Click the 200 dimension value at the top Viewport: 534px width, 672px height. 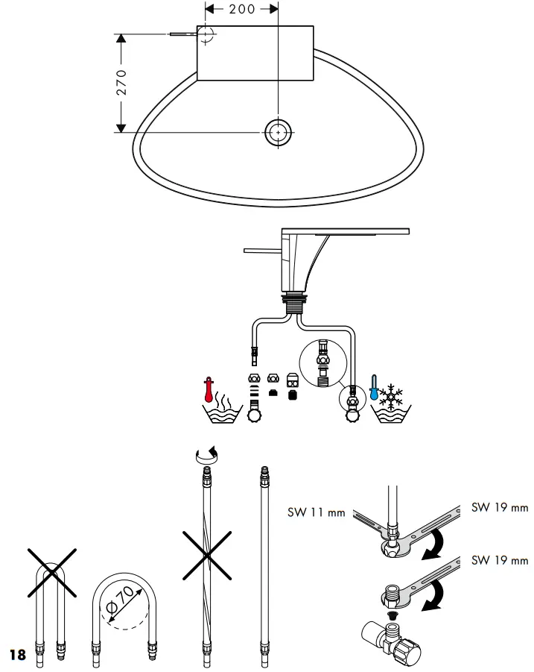pyautogui.click(x=241, y=9)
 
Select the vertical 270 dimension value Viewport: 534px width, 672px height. pyautogui.click(x=121, y=82)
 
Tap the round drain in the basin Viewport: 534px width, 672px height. pyautogui.click(x=278, y=132)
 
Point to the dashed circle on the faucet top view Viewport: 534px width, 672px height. pyautogui.click(x=206, y=34)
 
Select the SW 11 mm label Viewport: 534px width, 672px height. pyautogui.click(x=317, y=512)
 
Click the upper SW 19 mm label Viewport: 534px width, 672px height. pyautogui.click(x=500, y=507)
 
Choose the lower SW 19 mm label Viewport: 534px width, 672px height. pyautogui.click(x=500, y=560)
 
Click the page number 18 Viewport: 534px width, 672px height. pyautogui.click(x=16, y=655)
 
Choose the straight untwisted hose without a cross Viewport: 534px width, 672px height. pyautogui.click(x=262, y=559)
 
